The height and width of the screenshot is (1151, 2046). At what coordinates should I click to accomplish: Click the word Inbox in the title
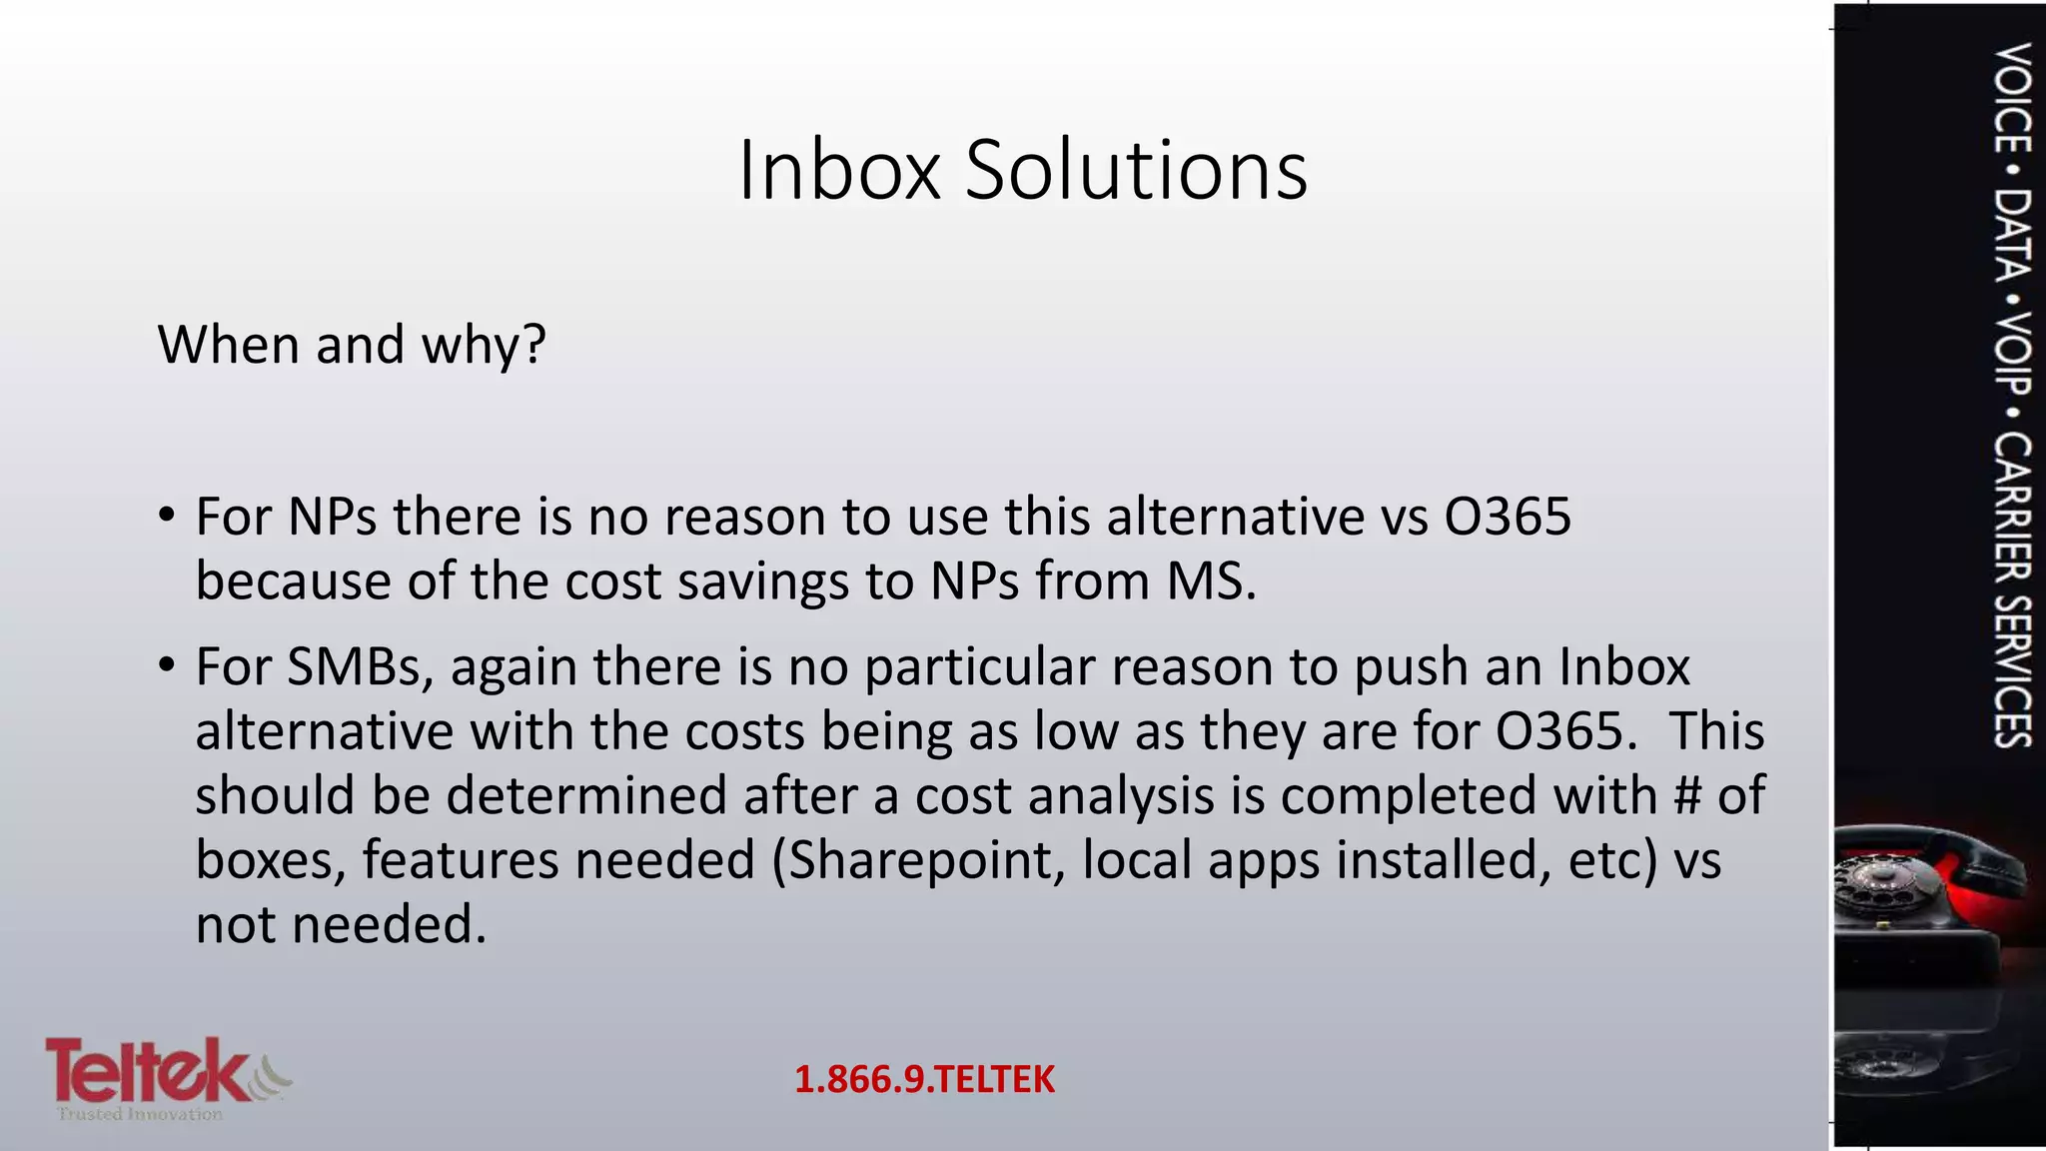(839, 170)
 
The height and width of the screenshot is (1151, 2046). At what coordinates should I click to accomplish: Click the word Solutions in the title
(1136, 170)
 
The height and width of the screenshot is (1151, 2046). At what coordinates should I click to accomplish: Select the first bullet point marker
(167, 516)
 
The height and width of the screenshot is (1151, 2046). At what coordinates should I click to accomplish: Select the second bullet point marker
(167, 665)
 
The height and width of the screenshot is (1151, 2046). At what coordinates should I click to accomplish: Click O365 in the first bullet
(1508, 517)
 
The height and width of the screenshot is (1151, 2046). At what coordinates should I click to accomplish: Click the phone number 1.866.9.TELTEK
(924, 1079)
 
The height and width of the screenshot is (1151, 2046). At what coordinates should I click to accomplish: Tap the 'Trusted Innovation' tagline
(140, 1114)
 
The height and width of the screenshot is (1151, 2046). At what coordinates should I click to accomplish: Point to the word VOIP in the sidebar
(2010, 354)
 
